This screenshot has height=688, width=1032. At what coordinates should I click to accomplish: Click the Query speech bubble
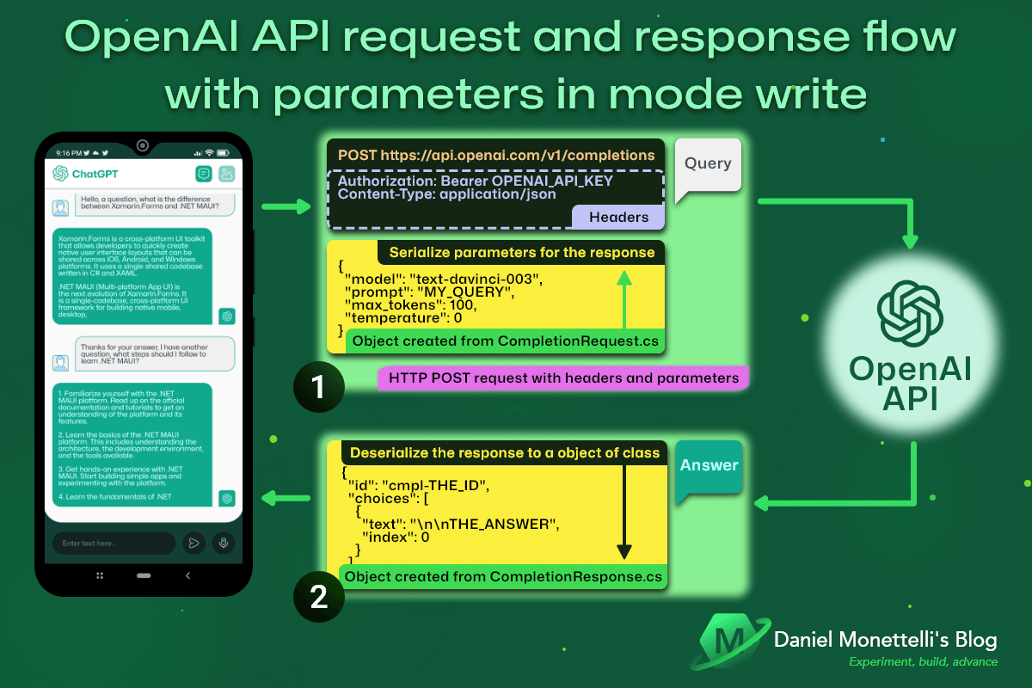tap(707, 164)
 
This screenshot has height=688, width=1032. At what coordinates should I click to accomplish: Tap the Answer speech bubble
tap(709, 465)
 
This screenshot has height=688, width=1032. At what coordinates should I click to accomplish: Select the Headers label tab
tap(617, 218)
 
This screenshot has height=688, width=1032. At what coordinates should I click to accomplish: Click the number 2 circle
tap(318, 596)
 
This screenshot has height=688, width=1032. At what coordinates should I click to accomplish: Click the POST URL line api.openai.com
tap(496, 156)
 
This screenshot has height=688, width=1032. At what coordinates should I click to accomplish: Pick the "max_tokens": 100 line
tap(410, 305)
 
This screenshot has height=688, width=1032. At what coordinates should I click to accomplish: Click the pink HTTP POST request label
tap(563, 378)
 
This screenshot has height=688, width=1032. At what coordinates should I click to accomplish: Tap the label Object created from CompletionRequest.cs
tap(506, 341)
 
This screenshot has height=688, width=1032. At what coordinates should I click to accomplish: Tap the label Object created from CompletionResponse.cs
tap(503, 576)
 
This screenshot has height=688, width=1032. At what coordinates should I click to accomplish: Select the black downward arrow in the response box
tap(625, 516)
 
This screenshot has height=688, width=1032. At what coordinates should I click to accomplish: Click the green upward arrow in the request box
tap(625, 297)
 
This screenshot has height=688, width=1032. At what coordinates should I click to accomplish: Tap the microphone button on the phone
tap(224, 543)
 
